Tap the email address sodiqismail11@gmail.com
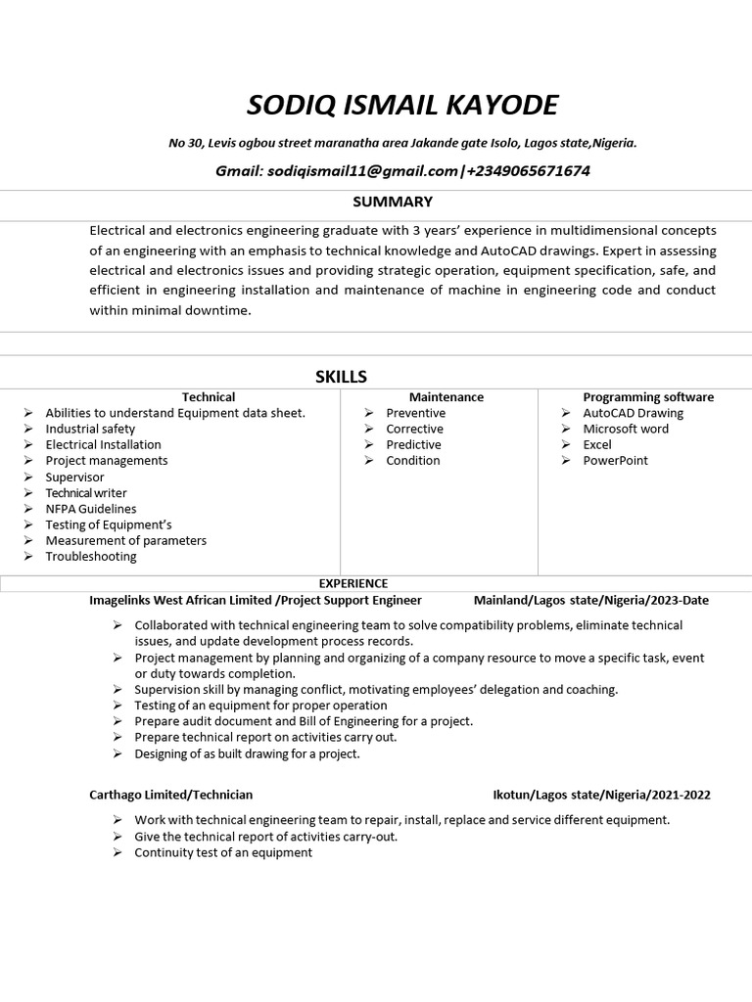point(361,171)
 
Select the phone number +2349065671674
point(528,171)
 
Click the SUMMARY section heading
point(393,202)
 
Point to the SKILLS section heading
point(341,377)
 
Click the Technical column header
point(208,397)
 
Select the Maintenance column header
point(446,397)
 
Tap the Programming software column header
point(648,397)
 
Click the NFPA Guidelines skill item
point(91,509)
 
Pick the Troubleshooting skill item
point(91,557)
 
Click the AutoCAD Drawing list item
point(634,413)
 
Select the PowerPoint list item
point(615,460)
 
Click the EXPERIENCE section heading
point(353,583)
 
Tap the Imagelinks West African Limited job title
point(256,600)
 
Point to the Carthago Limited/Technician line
point(171,795)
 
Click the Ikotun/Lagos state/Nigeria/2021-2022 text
point(601,795)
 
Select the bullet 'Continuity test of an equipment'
point(223,852)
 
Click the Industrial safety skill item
point(90,429)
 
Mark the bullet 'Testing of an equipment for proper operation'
point(260,706)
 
